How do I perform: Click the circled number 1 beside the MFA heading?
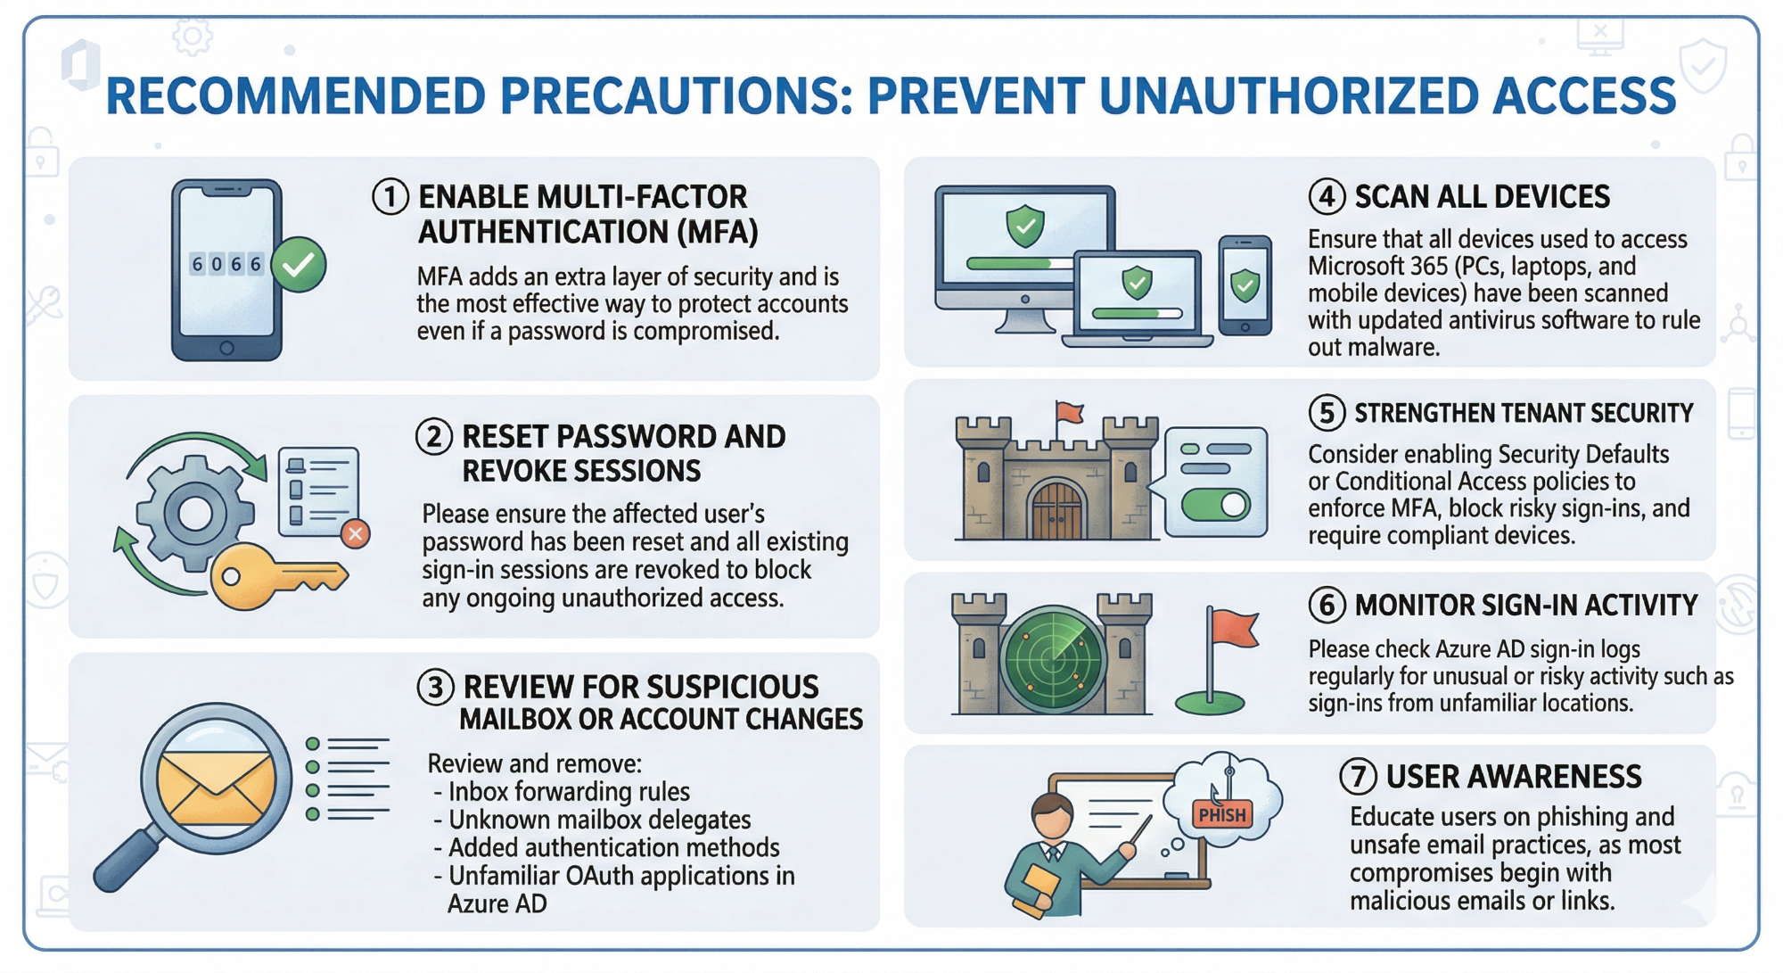coord(390,196)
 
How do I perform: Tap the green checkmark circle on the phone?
coord(299,264)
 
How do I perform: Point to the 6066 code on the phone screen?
coord(226,264)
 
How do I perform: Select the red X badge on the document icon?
coord(356,534)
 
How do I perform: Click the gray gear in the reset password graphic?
coord(195,513)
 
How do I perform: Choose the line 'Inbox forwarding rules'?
coord(568,792)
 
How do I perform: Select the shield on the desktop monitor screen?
coord(1025,226)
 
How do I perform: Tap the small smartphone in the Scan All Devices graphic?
coord(1245,285)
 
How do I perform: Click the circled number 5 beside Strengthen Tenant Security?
coord(1327,413)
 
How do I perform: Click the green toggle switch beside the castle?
coord(1216,505)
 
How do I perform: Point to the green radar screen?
coord(1054,659)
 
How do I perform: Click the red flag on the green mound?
coord(1236,629)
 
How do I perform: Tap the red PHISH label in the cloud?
coord(1222,814)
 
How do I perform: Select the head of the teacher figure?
coord(1053,815)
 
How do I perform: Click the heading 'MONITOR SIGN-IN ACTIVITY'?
coord(1525,606)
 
